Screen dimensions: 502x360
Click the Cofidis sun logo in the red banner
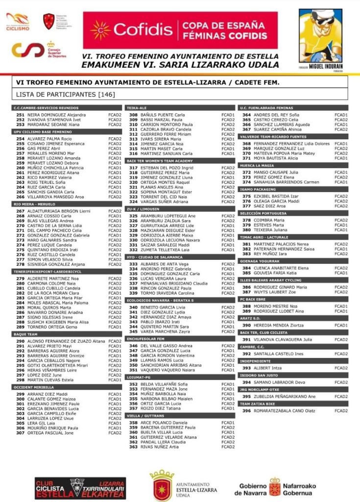click(100, 30)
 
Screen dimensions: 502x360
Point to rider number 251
click(21, 115)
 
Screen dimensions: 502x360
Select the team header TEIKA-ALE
click(137, 107)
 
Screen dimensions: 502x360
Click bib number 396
click(246, 410)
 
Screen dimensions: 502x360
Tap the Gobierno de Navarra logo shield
click(276, 486)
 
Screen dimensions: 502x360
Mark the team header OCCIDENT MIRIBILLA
click(33, 387)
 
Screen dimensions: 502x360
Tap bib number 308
click(133, 115)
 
